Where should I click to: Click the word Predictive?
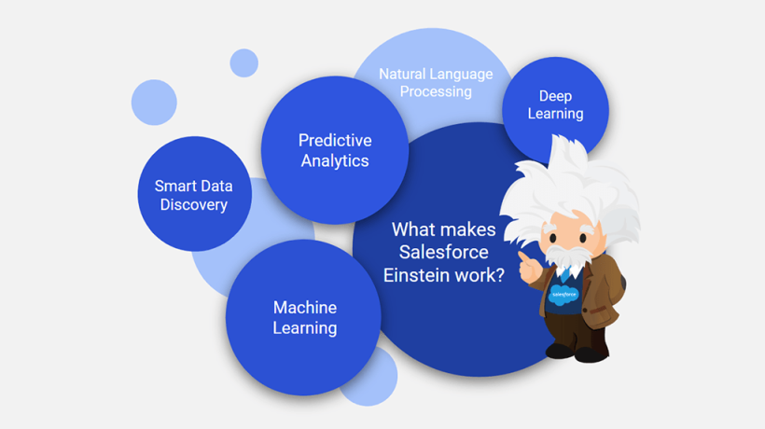coord(335,141)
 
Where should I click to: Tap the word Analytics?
coord(335,161)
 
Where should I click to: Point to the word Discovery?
coord(194,205)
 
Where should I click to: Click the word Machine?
coord(305,308)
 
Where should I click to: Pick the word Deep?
coord(555,97)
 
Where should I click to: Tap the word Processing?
coord(436,92)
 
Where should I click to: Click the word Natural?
coord(402,74)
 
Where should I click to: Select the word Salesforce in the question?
coord(443,252)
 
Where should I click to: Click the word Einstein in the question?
coord(416,275)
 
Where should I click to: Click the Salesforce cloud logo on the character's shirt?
coord(564,295)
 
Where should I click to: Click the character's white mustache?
coord(566,256)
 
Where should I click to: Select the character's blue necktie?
coord(565,275)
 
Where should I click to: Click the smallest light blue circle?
coord(243,62)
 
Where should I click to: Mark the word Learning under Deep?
coord(555,114)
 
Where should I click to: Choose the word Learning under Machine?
coord(305,328)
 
